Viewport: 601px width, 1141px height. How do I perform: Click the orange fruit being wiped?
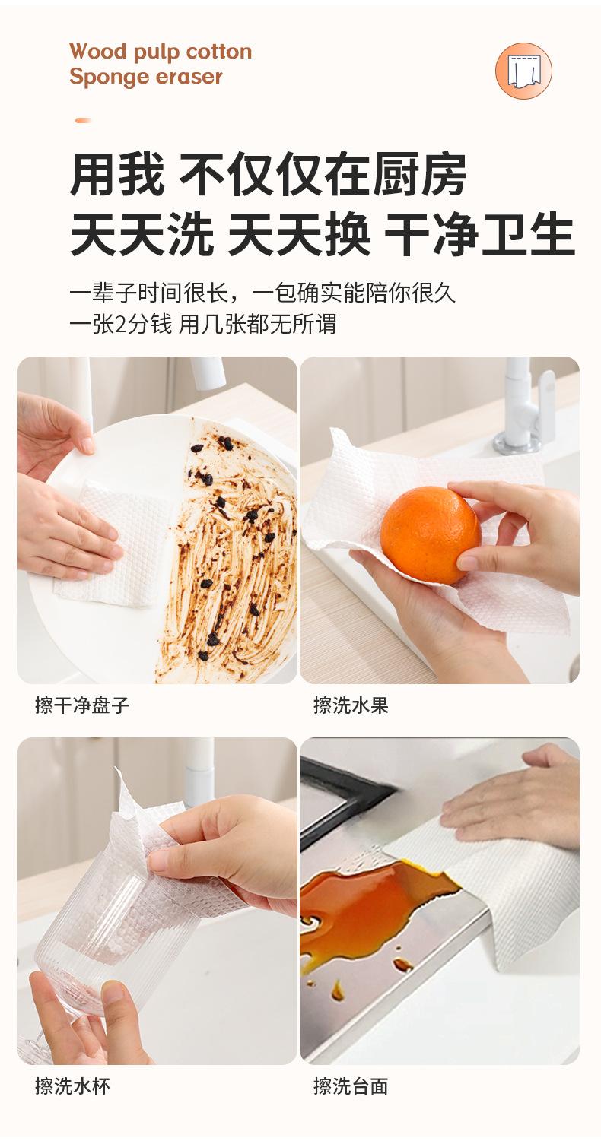[431, 534]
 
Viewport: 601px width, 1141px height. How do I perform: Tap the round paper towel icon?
[523, 71]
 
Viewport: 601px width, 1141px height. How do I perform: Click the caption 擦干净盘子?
[81, 705]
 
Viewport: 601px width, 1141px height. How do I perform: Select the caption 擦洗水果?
[351, 705]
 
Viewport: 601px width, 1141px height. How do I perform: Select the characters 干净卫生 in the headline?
[480, 234]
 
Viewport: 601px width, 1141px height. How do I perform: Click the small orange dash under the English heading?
[83, 120]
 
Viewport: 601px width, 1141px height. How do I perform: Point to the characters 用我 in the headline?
[116, 174]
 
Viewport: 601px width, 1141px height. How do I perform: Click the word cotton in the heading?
[218, 52]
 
